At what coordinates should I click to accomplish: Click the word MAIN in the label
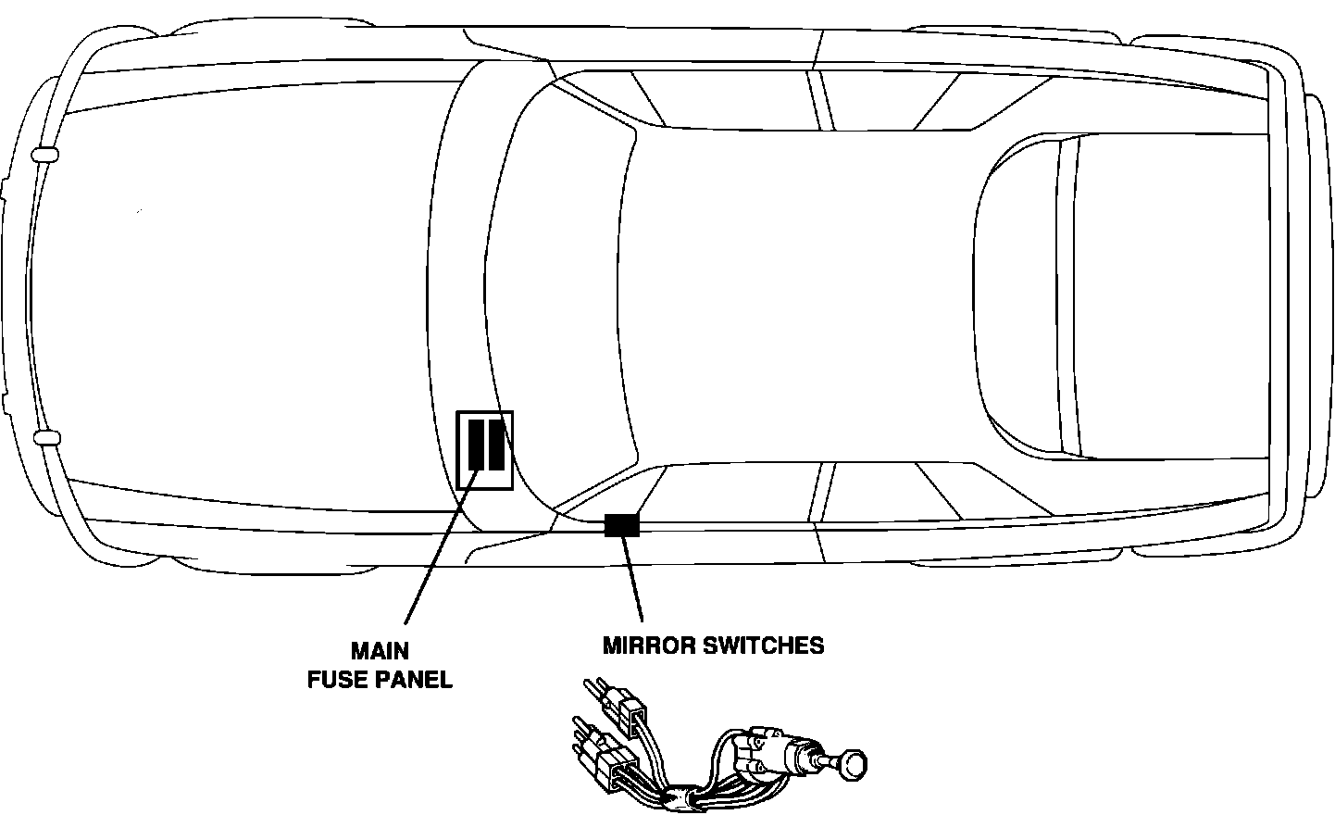[x=380, y=650]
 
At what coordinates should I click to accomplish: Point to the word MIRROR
[x=649, y=645]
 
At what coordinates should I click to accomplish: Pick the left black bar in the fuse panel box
[x=476, y=445]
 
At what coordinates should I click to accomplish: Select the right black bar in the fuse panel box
[x=495, y=445]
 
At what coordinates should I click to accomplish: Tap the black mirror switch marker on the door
[x=621, y=525]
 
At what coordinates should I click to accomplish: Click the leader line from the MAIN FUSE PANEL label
[x=440, y=546]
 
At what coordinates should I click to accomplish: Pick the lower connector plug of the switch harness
[x=616, y=769]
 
